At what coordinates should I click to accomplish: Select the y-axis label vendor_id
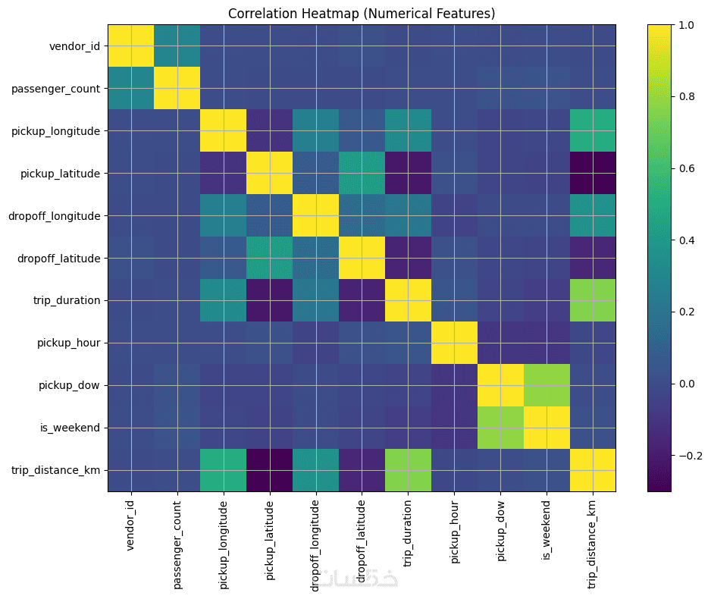[x=74, y=45]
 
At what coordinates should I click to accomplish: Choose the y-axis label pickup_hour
[x=67, y=343]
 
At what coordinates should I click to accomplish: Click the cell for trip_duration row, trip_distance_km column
[x=593, y=300]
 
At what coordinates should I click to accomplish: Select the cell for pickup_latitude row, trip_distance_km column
[x=593, y=173]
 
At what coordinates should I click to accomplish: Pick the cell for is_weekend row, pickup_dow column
[x=500, y=428]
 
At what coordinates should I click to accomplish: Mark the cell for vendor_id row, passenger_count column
[x=177, y=45]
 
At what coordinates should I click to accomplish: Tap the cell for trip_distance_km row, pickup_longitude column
[x=223, y=470]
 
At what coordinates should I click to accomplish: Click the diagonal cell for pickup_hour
[x=454, y=343]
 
